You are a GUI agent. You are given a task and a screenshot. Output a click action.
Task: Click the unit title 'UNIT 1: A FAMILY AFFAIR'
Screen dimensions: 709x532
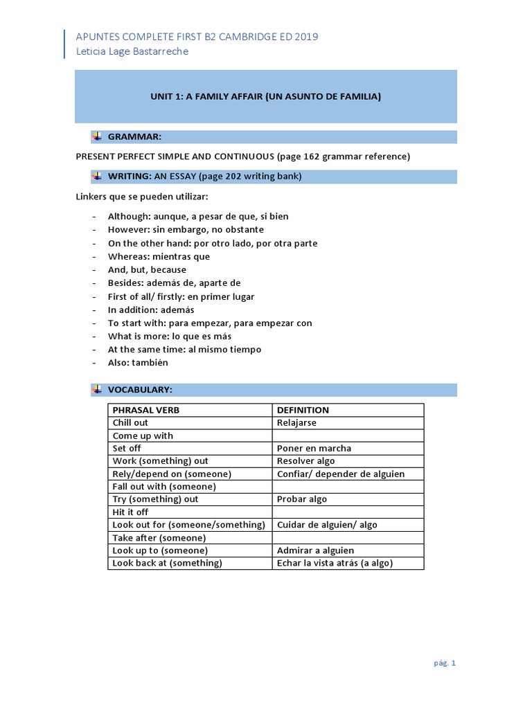(x=265, y=96)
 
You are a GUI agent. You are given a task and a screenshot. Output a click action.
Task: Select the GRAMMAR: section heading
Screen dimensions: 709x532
(x=134, y=137)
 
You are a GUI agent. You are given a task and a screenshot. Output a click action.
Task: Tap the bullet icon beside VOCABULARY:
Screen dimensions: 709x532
(x=97, y=390)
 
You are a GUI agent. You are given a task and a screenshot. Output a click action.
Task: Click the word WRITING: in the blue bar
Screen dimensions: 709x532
(x=129, y=177)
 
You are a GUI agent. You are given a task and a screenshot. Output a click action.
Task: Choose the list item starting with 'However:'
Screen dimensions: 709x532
(x=186, y=230)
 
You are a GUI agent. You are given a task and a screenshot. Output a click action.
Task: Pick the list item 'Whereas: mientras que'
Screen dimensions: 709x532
(x=159, y=256)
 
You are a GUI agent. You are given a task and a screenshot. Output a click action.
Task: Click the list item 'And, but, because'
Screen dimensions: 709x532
(x=147, y=269)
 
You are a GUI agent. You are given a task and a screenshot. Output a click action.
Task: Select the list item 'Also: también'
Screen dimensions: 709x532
(x=138, y=362)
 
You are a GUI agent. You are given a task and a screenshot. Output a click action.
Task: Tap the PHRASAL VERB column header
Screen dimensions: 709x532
(x=145, y=410)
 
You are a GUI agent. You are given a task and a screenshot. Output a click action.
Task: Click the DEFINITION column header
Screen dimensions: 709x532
(x=303, y=410)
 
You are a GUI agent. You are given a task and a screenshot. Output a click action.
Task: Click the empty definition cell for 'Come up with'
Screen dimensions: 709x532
(x=348, y=436)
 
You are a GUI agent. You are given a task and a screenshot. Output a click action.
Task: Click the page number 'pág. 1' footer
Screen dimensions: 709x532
(x=445, y=663)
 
